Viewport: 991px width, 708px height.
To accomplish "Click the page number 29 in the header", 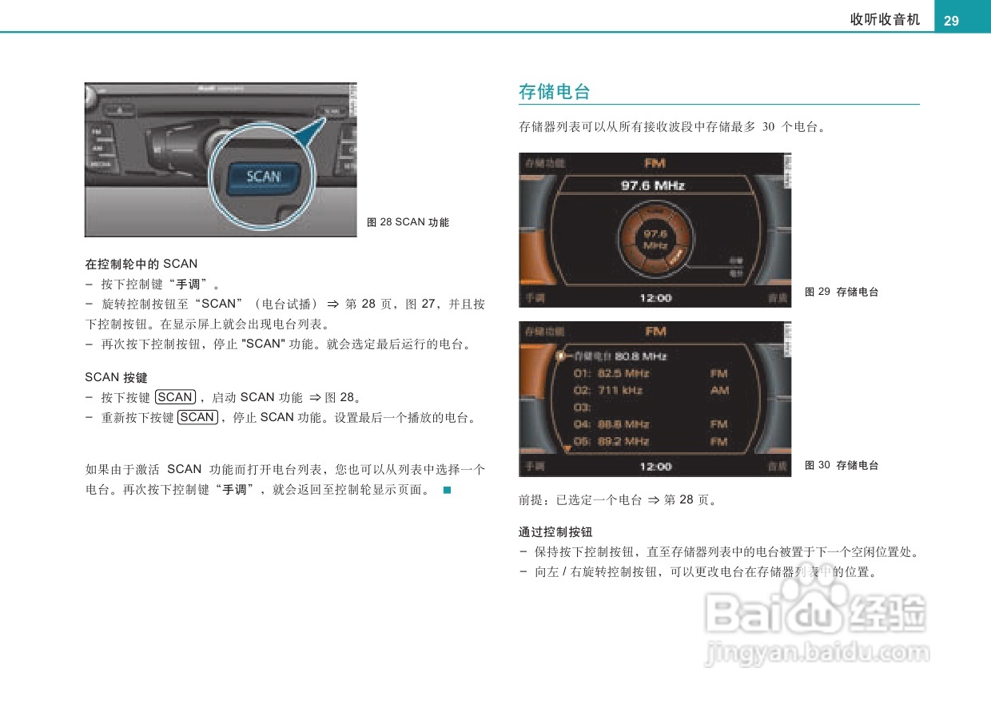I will pos(951,21).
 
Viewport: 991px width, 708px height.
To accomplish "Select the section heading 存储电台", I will pos(554,92).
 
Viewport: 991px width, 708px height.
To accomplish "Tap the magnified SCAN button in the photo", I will pos(263,177).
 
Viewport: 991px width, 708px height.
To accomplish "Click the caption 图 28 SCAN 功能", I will pos(408,222).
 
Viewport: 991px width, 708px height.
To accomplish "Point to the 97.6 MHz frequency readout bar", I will pos(653,185).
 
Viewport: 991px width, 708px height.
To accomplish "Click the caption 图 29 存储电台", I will pos(842,292).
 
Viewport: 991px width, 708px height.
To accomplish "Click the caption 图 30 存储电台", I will pos(842,465).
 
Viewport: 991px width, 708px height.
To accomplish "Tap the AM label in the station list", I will pos(719,391).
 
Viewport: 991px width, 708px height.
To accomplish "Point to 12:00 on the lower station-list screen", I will pos(655,466).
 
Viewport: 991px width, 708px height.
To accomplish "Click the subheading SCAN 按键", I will pos(116,377).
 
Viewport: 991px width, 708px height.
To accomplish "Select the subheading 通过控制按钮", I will pos(555,532).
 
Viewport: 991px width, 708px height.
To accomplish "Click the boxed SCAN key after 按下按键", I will pos(175,397).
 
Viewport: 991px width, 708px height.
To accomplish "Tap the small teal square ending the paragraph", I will pos(448,490).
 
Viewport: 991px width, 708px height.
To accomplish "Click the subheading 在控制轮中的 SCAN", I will pos(141,264).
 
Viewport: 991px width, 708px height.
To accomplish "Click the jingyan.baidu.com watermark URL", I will pos(817,654).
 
